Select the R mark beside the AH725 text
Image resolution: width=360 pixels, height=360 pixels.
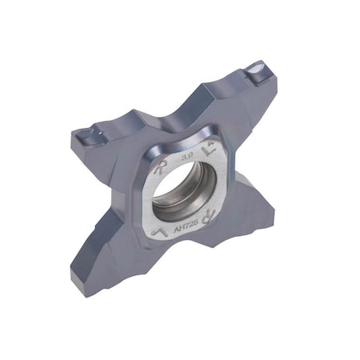[x=210, y=214]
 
